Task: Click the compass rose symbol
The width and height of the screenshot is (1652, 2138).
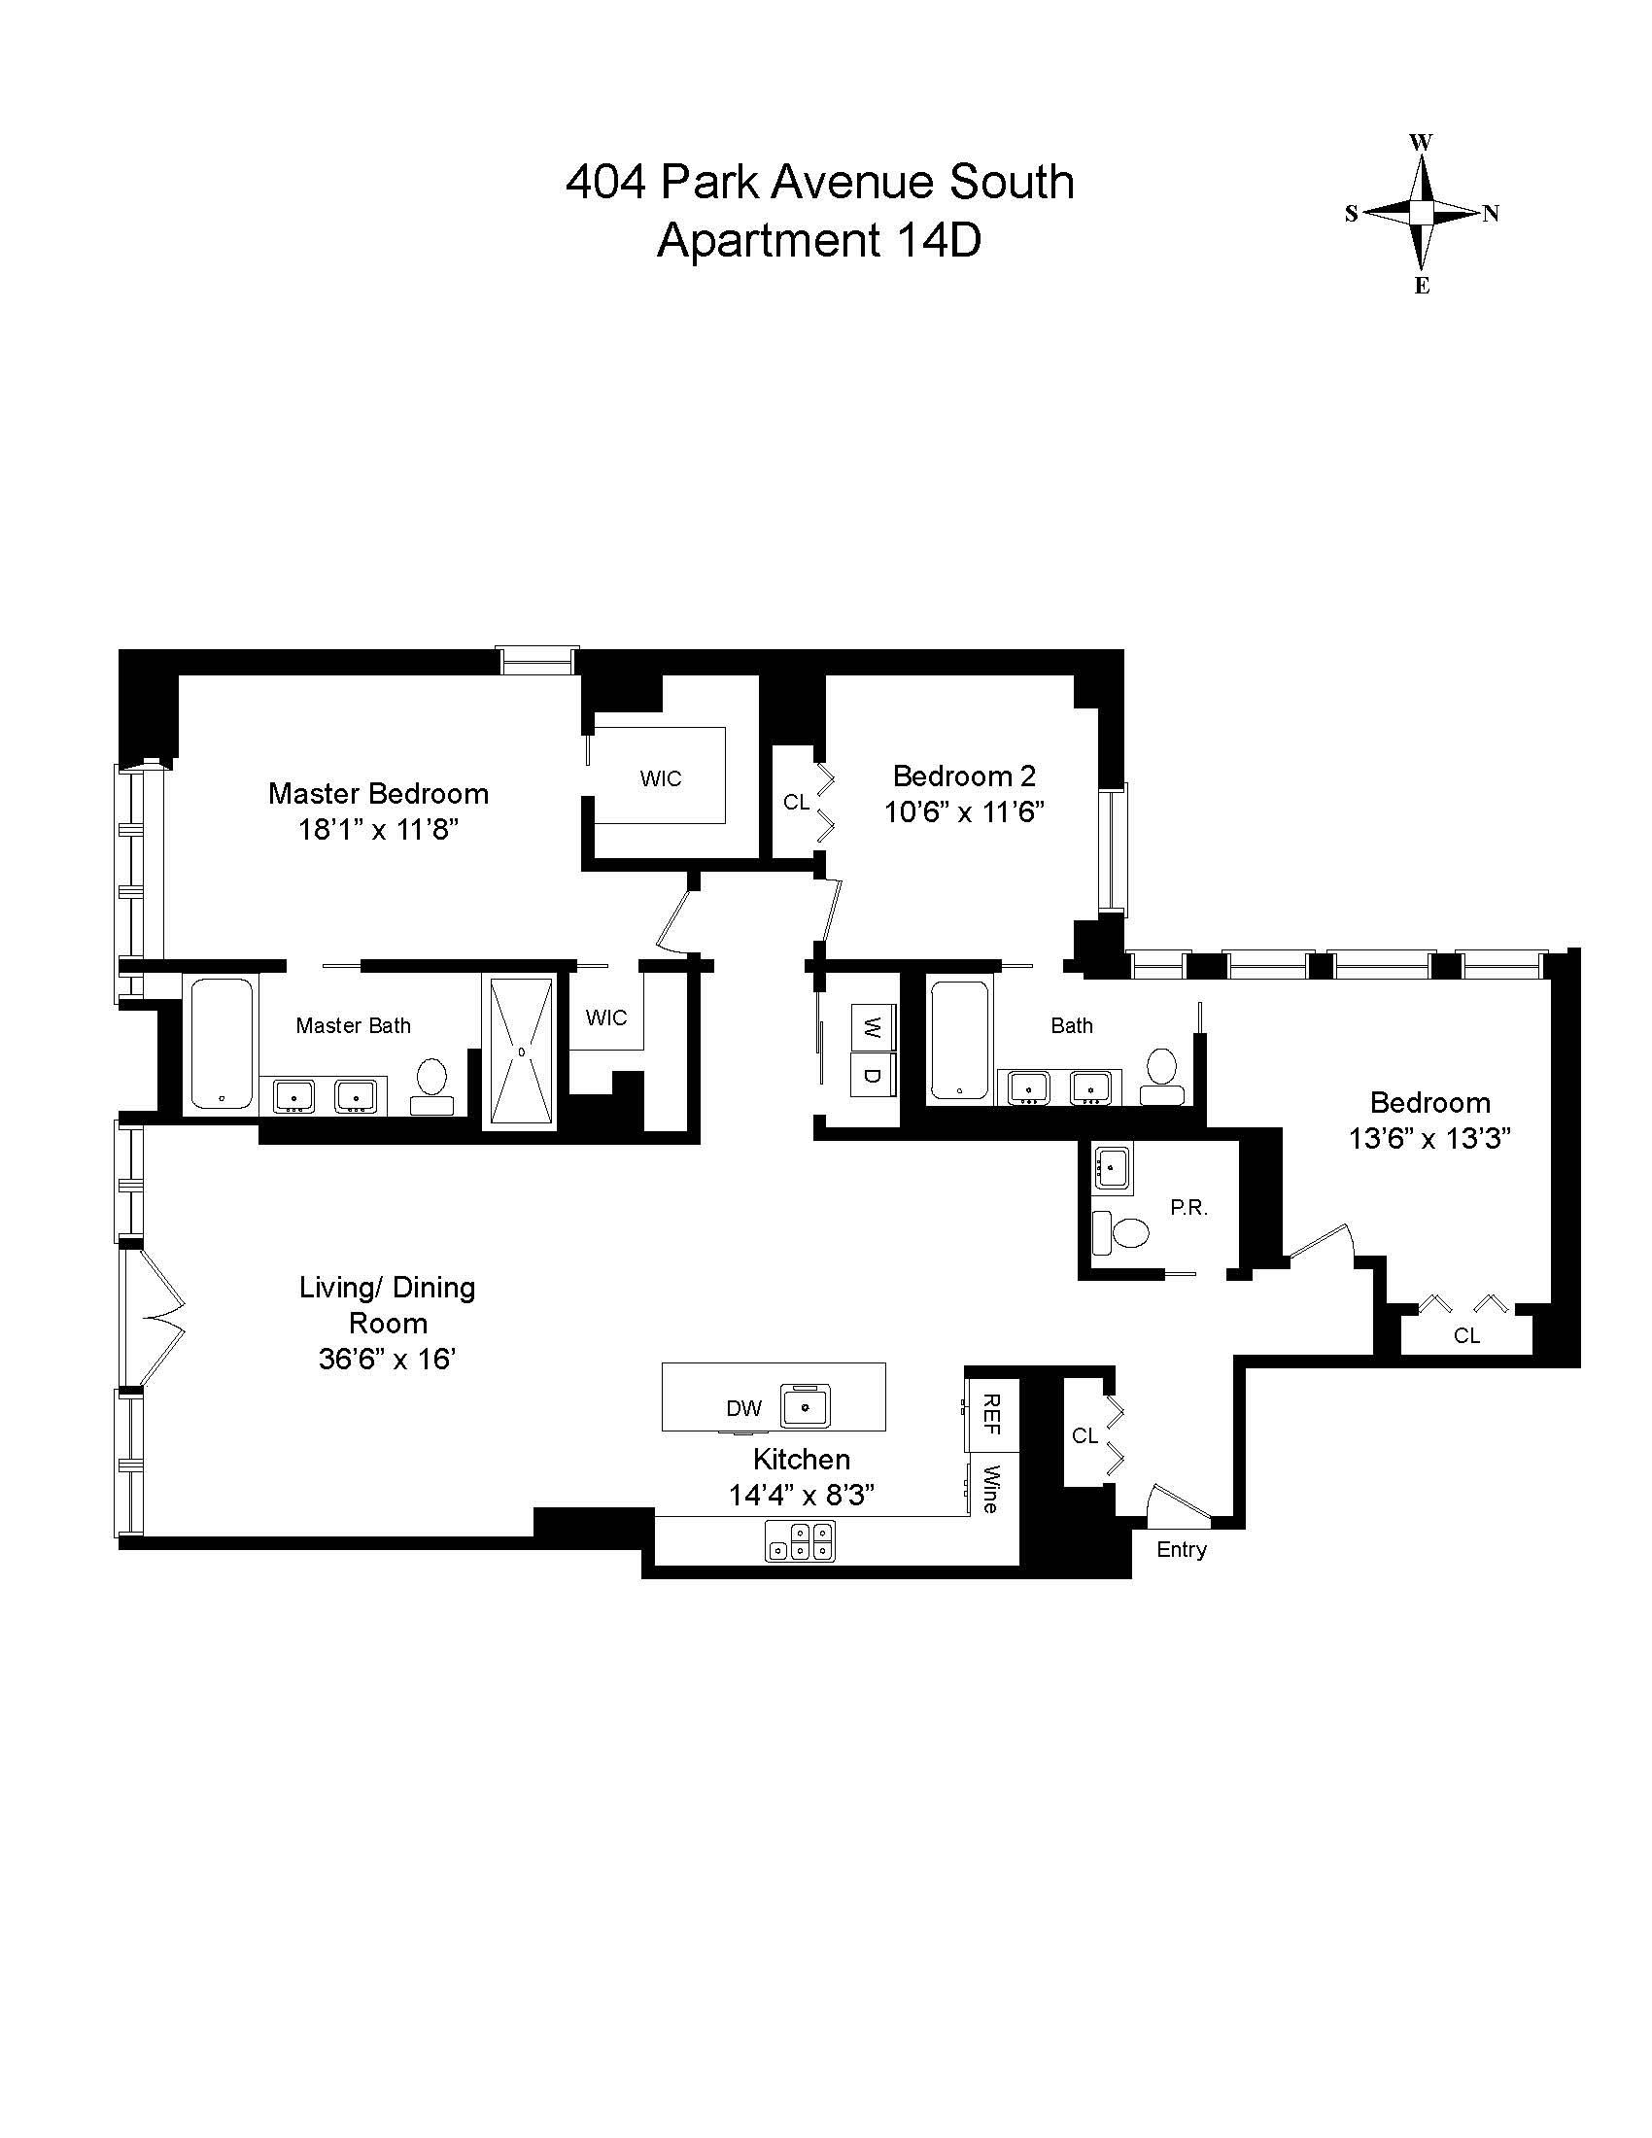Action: [1422, 213]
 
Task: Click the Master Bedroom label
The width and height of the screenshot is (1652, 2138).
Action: [378, 793]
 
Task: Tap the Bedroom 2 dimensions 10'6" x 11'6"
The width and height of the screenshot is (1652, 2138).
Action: [964, 812]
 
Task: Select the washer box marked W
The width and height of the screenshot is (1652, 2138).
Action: [873, 1027]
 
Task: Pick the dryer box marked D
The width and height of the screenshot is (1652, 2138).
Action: [873, 1075]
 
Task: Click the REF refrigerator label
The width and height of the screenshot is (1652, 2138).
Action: [991, 1415]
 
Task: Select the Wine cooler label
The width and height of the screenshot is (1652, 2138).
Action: [991, 1488]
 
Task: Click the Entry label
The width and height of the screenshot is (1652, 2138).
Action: [1182, 1549]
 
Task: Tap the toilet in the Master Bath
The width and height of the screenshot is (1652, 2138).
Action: [431, 1084]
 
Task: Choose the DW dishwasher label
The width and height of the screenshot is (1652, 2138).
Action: [743, 1409]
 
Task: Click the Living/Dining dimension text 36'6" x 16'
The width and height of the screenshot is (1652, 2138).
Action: [388, 1360]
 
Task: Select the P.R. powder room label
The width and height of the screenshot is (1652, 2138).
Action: [1189, 1208]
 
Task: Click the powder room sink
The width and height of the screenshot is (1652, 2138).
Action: [1111, 1168]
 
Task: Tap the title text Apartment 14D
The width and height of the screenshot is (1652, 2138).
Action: [819, 240]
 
